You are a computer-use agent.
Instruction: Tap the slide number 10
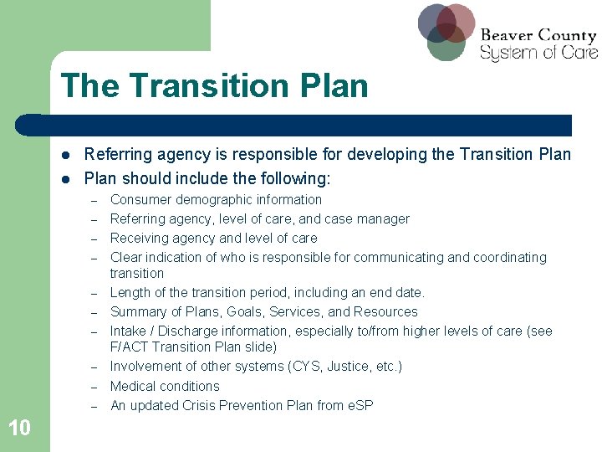(x=19, y=429)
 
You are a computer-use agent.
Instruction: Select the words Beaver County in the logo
(x=538, y=35)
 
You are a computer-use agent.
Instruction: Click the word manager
(x=382, y=219)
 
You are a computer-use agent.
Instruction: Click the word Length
(x=130, y=293)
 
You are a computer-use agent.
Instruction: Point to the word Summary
(x=137, y=312)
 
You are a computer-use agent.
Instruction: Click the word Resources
(x=385, y=312)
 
